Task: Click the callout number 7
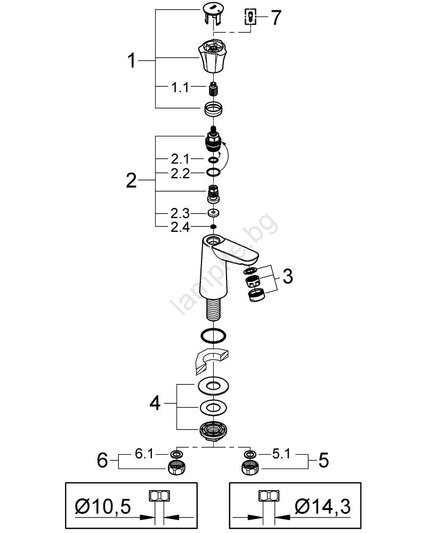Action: [276, 18]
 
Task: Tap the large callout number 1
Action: [131, 61]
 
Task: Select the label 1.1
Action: [180, 88]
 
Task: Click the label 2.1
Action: [180, 159]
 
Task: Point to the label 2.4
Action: [180, 227]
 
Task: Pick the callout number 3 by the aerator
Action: [288, 276]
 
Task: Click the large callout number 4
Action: [155, 403]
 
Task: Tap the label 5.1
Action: [281, 454]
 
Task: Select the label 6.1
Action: [144, 454]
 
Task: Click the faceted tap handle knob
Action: [214, 56]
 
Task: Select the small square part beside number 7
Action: [251, 17]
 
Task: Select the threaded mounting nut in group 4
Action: [214, 432]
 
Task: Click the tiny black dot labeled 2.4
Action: [214, 227]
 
